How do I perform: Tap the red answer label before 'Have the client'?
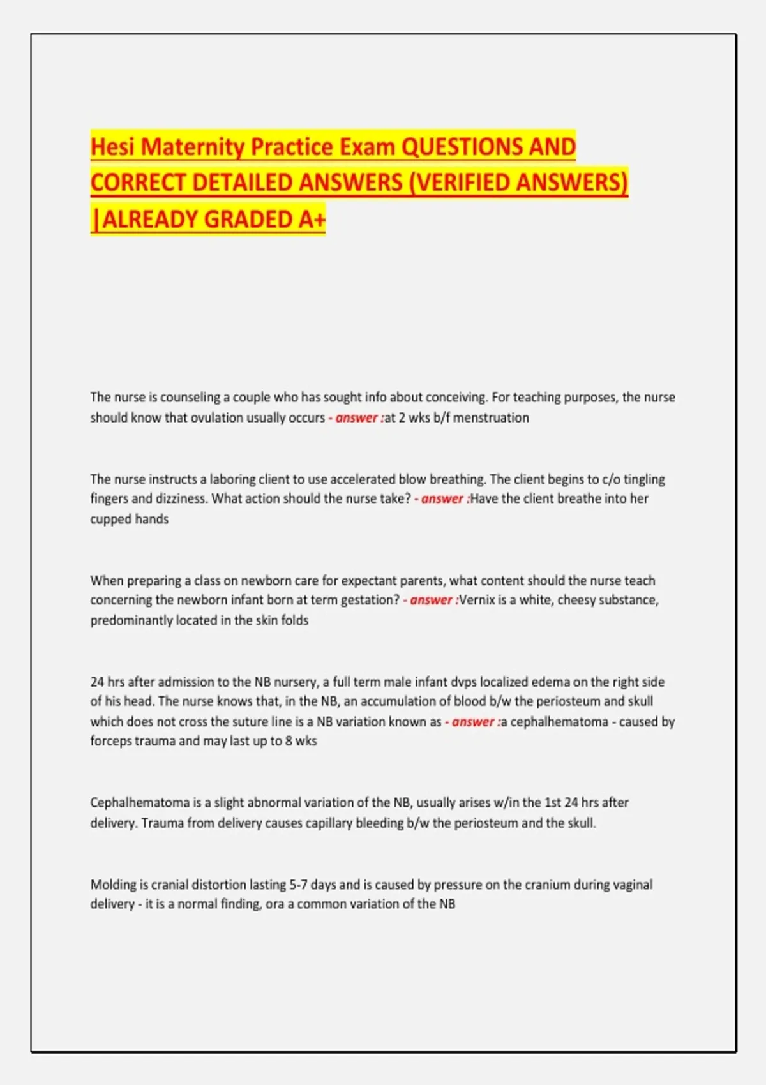tap(442, 498)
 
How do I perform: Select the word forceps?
tap(112, 741)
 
